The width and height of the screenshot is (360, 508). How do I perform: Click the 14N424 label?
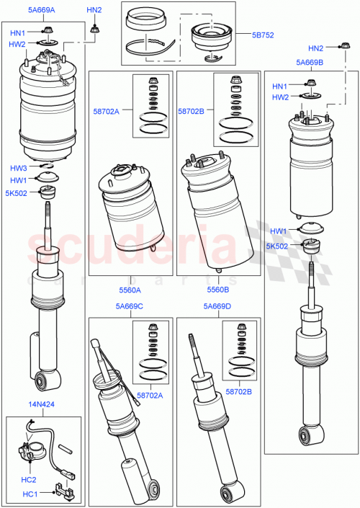point(42,406)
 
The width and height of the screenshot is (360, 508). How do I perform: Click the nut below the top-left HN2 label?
point(94,30)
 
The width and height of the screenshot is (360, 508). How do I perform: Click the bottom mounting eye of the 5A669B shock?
point(307,434)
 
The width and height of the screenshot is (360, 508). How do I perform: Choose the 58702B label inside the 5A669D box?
point(239,391)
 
